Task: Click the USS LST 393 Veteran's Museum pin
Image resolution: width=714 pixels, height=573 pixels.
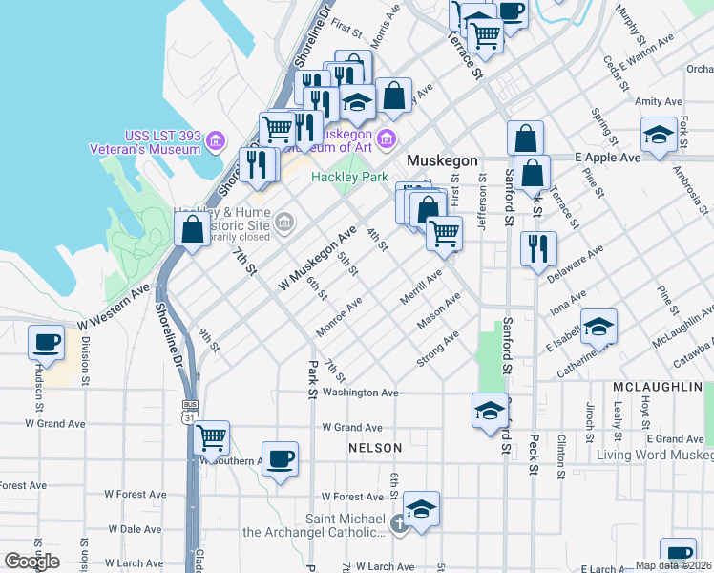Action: [215, 141]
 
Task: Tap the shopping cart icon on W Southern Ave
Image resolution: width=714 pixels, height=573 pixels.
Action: [211, 438]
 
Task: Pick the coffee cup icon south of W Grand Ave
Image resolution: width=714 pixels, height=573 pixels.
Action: [280, 458]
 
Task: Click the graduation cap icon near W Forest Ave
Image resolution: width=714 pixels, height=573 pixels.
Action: [421, 509]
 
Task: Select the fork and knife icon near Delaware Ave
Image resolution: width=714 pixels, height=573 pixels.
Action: [538, 248]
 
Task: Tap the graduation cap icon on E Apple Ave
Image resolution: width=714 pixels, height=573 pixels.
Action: [659, 136]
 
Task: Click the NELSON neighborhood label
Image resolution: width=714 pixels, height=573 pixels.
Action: [375, 447]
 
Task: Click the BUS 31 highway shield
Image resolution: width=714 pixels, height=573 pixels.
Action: [190, 411]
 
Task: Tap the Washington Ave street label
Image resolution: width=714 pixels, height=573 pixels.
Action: [360, 393]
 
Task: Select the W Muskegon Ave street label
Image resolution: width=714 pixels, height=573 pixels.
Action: [317, 259]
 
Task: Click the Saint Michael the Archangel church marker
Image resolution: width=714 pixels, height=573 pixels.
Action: [399, 524]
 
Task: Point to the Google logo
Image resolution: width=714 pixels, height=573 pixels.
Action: [31, 562]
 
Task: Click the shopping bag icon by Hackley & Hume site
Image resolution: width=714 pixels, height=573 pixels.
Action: [193, 229]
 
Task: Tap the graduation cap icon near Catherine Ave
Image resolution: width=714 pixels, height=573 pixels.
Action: [598, 327]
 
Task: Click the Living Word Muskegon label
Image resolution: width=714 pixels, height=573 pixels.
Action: [654, 455]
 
